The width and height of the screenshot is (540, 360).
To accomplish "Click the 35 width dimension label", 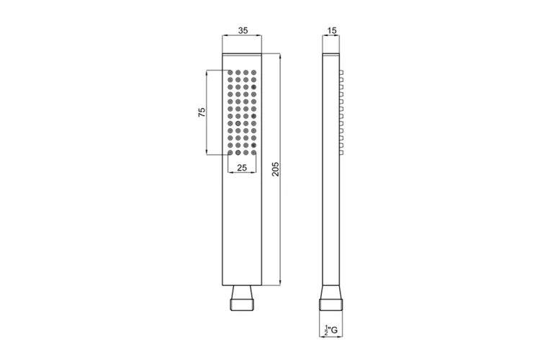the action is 243,30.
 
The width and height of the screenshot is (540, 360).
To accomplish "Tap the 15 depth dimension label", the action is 332,31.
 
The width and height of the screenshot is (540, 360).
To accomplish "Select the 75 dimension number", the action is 202,112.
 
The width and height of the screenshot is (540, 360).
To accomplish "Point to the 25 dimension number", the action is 242,168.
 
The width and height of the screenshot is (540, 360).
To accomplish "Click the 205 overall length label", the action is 276,168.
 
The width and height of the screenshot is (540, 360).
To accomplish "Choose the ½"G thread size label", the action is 331,330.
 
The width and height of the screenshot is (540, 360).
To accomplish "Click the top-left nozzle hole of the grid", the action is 230,72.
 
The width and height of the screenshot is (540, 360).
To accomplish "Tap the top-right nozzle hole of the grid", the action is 254,72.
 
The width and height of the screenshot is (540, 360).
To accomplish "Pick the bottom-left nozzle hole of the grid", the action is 230,152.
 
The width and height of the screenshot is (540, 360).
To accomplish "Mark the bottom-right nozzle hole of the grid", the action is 254,152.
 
